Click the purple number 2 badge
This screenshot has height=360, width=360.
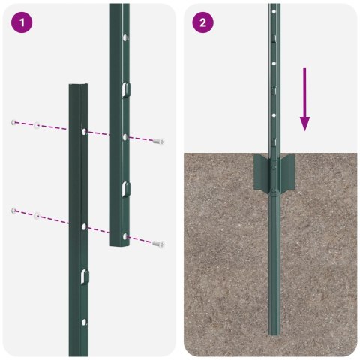tap(202, 22)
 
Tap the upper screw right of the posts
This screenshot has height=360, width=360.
tap(158, 141)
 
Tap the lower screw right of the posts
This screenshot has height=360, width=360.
tap(158, 243)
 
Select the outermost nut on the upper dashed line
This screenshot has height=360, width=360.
tap(13, 122)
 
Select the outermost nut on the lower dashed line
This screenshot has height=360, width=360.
tap(13, 211)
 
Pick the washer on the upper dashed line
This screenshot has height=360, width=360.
tap(36, 125)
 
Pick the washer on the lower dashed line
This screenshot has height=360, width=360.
tap(36, 216)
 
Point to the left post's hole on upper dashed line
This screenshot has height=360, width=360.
tap(82, 132)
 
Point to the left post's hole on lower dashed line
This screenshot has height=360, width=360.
tap(82, 225)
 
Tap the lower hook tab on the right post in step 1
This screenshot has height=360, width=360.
tap(126, 187)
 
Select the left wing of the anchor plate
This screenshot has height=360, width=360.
tap(260, 173)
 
